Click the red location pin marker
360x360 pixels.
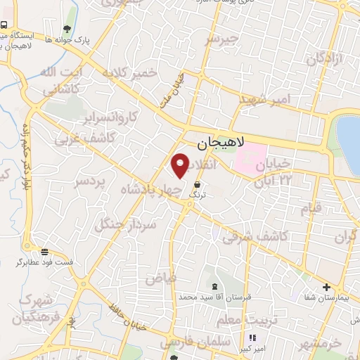coord(181,165)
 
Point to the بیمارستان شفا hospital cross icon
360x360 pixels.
coord(326,286)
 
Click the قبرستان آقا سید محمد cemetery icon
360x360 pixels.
coord(214,286)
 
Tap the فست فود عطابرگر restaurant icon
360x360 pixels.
coord(45,252)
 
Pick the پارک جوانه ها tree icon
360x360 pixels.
coord(67,29)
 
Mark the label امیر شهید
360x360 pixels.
coord(264,101)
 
